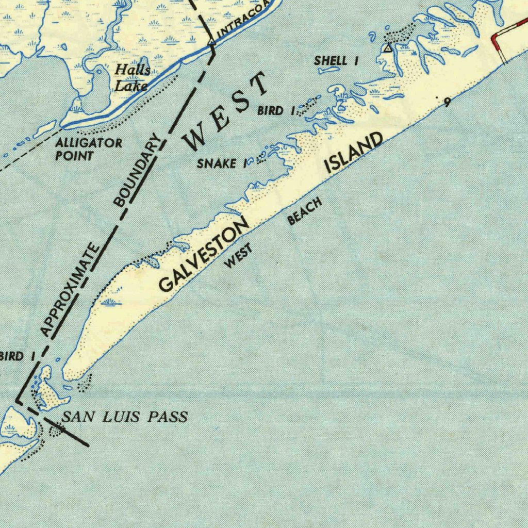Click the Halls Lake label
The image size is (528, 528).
click(132, 77)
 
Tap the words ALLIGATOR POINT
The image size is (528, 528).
click(89, 149)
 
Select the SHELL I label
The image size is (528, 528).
click(336, 61)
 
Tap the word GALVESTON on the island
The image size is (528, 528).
click(204, 255)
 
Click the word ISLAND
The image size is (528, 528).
click(355, 152)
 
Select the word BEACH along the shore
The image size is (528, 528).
click(305, 211)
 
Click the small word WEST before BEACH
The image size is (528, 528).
click(239, 256)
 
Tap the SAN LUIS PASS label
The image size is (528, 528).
click(125, 417)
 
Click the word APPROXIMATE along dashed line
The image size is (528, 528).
click(70, 290)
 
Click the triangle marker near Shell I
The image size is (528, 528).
click(388, 48)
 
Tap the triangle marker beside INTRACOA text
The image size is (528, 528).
click(211, 42)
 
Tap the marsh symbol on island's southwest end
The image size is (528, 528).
click(111, 302)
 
